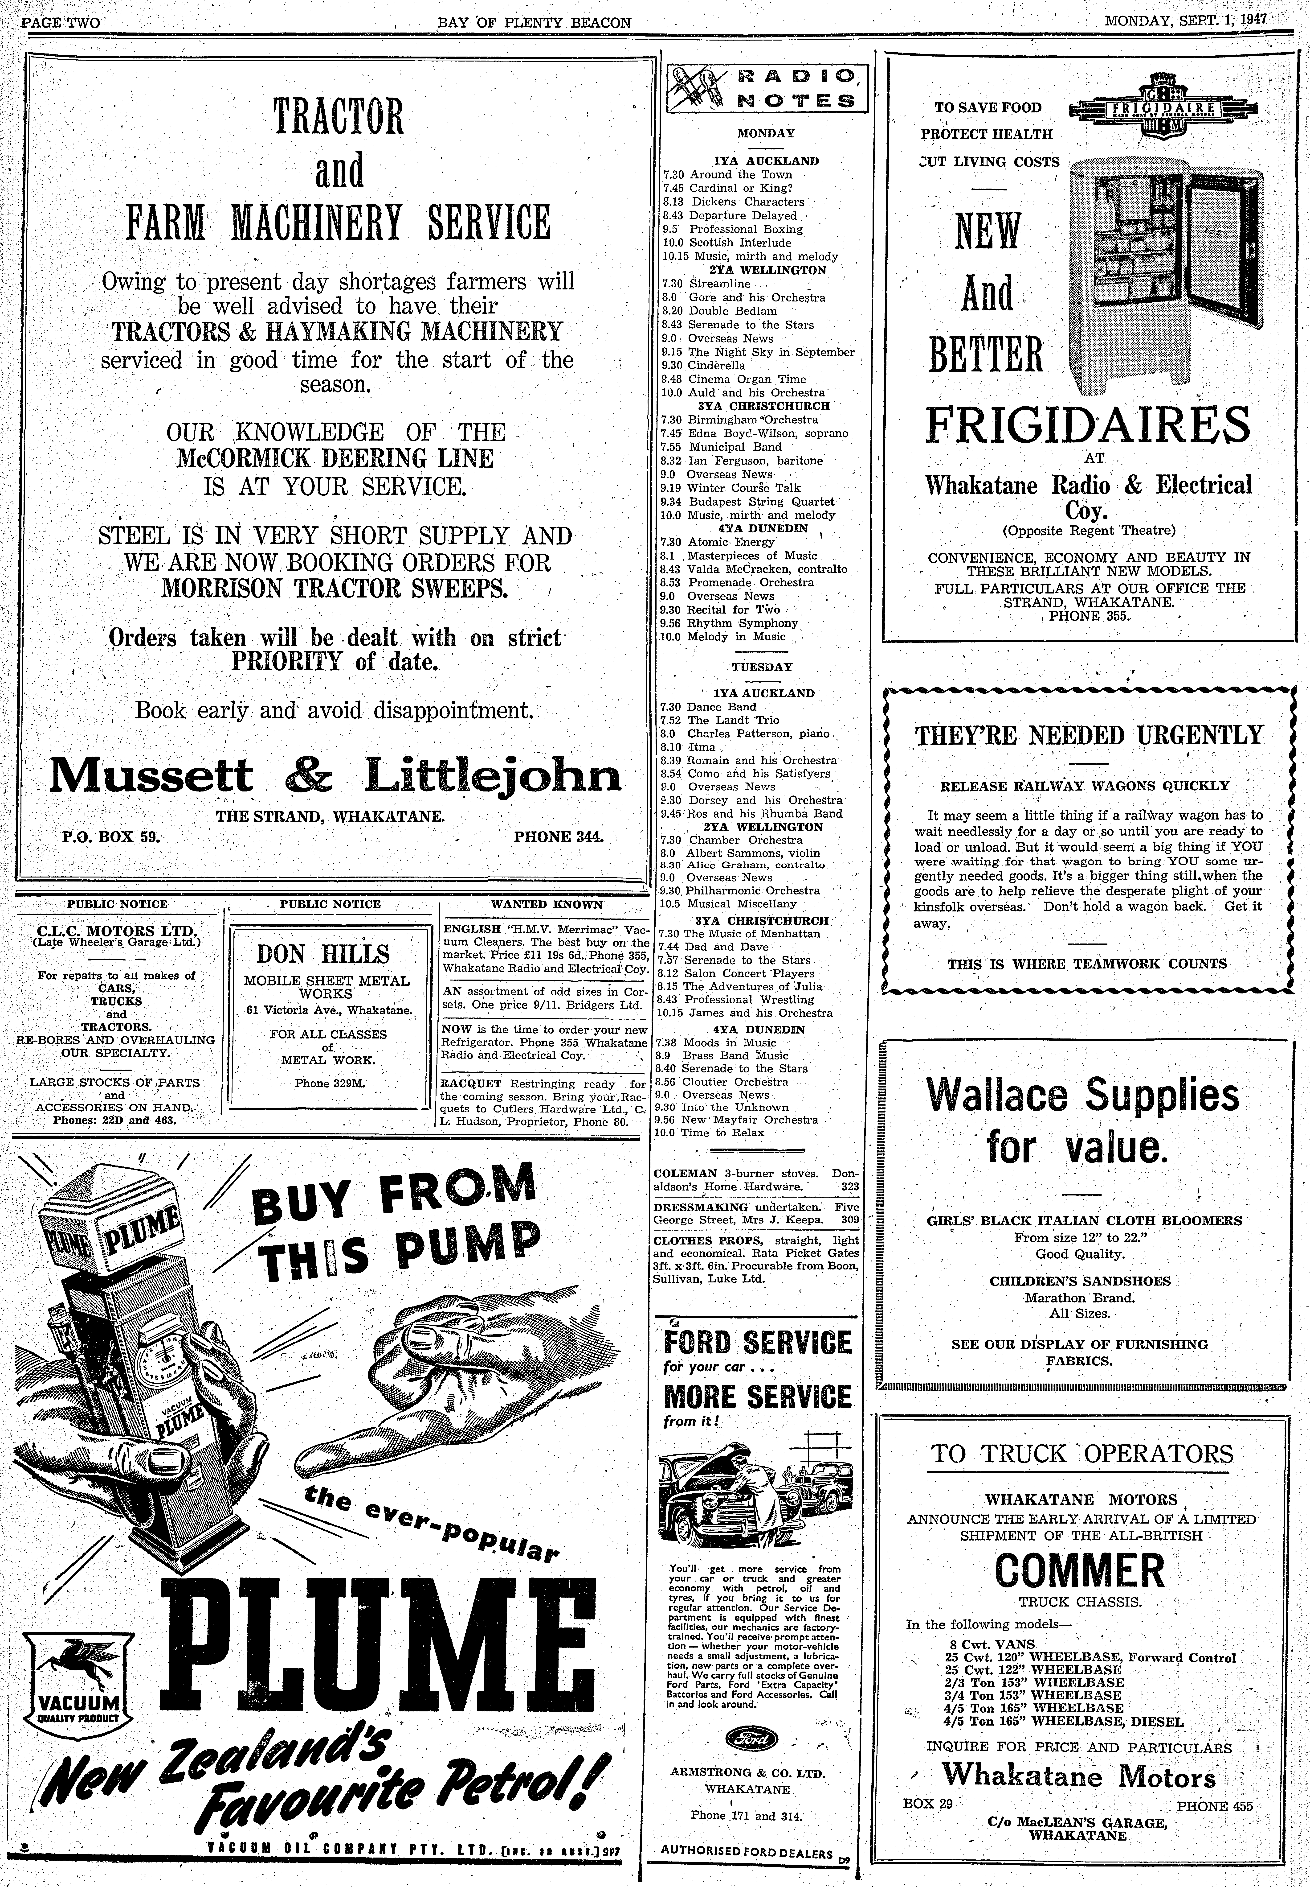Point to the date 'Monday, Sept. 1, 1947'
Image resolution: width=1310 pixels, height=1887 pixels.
click(1186, 21)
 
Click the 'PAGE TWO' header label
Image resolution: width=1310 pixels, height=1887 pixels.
click(60, 22)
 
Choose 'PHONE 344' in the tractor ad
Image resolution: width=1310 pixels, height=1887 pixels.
click(558, 837)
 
